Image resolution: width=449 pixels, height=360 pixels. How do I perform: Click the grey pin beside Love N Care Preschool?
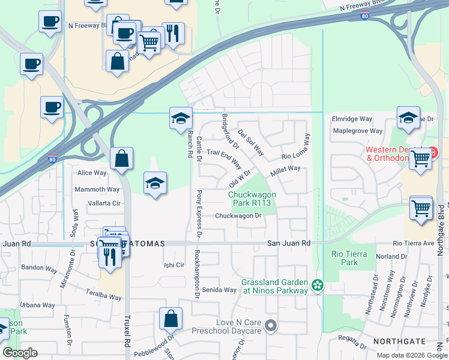click(271, 326)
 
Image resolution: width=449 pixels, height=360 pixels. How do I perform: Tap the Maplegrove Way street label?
click(357, 131)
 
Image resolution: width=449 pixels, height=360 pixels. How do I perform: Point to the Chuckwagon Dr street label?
click(238, 216)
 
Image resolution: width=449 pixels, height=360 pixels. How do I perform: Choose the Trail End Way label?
click(224, 159)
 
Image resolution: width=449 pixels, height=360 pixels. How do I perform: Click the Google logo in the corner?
click(20, 352)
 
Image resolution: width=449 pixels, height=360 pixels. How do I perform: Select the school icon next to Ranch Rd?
click(180, 118)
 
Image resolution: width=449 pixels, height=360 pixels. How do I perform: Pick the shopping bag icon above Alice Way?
click(122, 159)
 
